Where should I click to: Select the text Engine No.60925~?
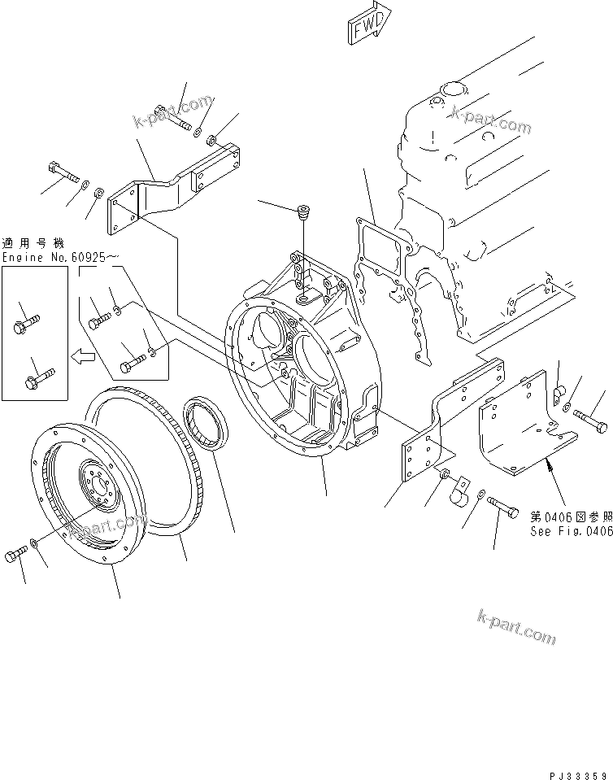(60, 257)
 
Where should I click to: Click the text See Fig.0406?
(571, 532)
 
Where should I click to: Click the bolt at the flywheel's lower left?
(15, 556)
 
